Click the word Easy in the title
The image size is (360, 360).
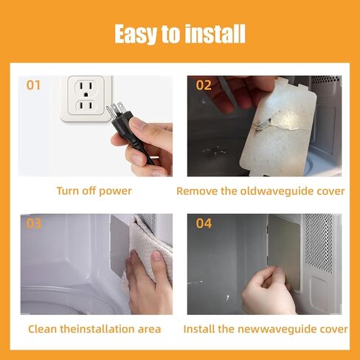[135, 34]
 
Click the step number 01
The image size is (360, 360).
[33, 85]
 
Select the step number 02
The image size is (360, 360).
[204, 85]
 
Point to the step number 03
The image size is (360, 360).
[34, 224]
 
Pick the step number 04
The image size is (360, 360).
[204, 224]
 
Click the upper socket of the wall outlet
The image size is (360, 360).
[86, 89]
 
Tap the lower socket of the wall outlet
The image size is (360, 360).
[86, 106]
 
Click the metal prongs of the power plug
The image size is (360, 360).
[116, 109]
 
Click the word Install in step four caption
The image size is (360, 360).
[197, 329]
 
